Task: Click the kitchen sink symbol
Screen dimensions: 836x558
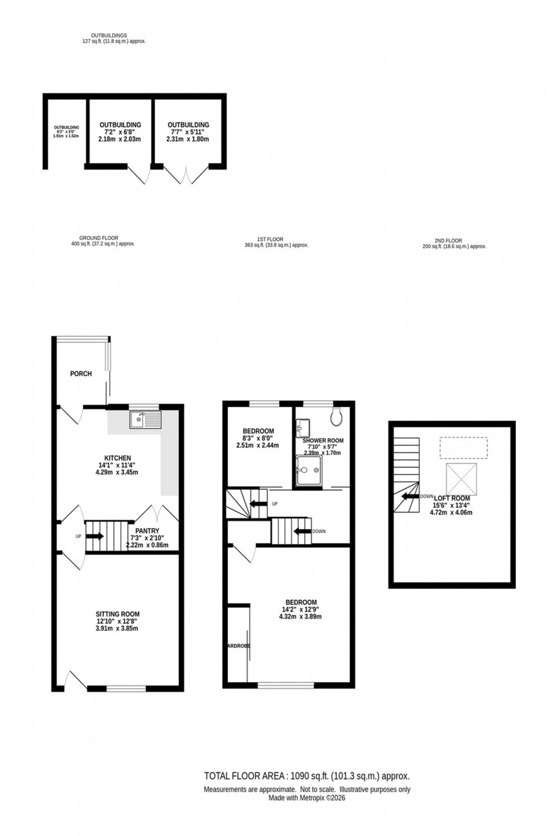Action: point(146,420)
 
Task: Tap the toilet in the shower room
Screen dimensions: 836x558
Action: point(336,417)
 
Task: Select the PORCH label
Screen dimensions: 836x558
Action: point(81,374)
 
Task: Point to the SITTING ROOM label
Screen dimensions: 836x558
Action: point(117,614)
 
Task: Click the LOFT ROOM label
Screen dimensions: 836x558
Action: point(452,498)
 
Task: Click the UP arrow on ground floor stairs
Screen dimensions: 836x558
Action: point(95,536)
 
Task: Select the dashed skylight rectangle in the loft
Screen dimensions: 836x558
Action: point(464,448)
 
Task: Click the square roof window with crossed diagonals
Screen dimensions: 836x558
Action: point(461,478)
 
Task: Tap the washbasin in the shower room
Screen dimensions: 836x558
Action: point(303,427)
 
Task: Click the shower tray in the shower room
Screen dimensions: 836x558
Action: point(309,471)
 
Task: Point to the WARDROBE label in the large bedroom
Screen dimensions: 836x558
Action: point(238,646)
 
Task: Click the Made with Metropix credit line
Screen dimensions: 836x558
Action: point(307,798)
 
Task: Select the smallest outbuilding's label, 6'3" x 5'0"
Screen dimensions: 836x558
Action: point(66,132)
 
